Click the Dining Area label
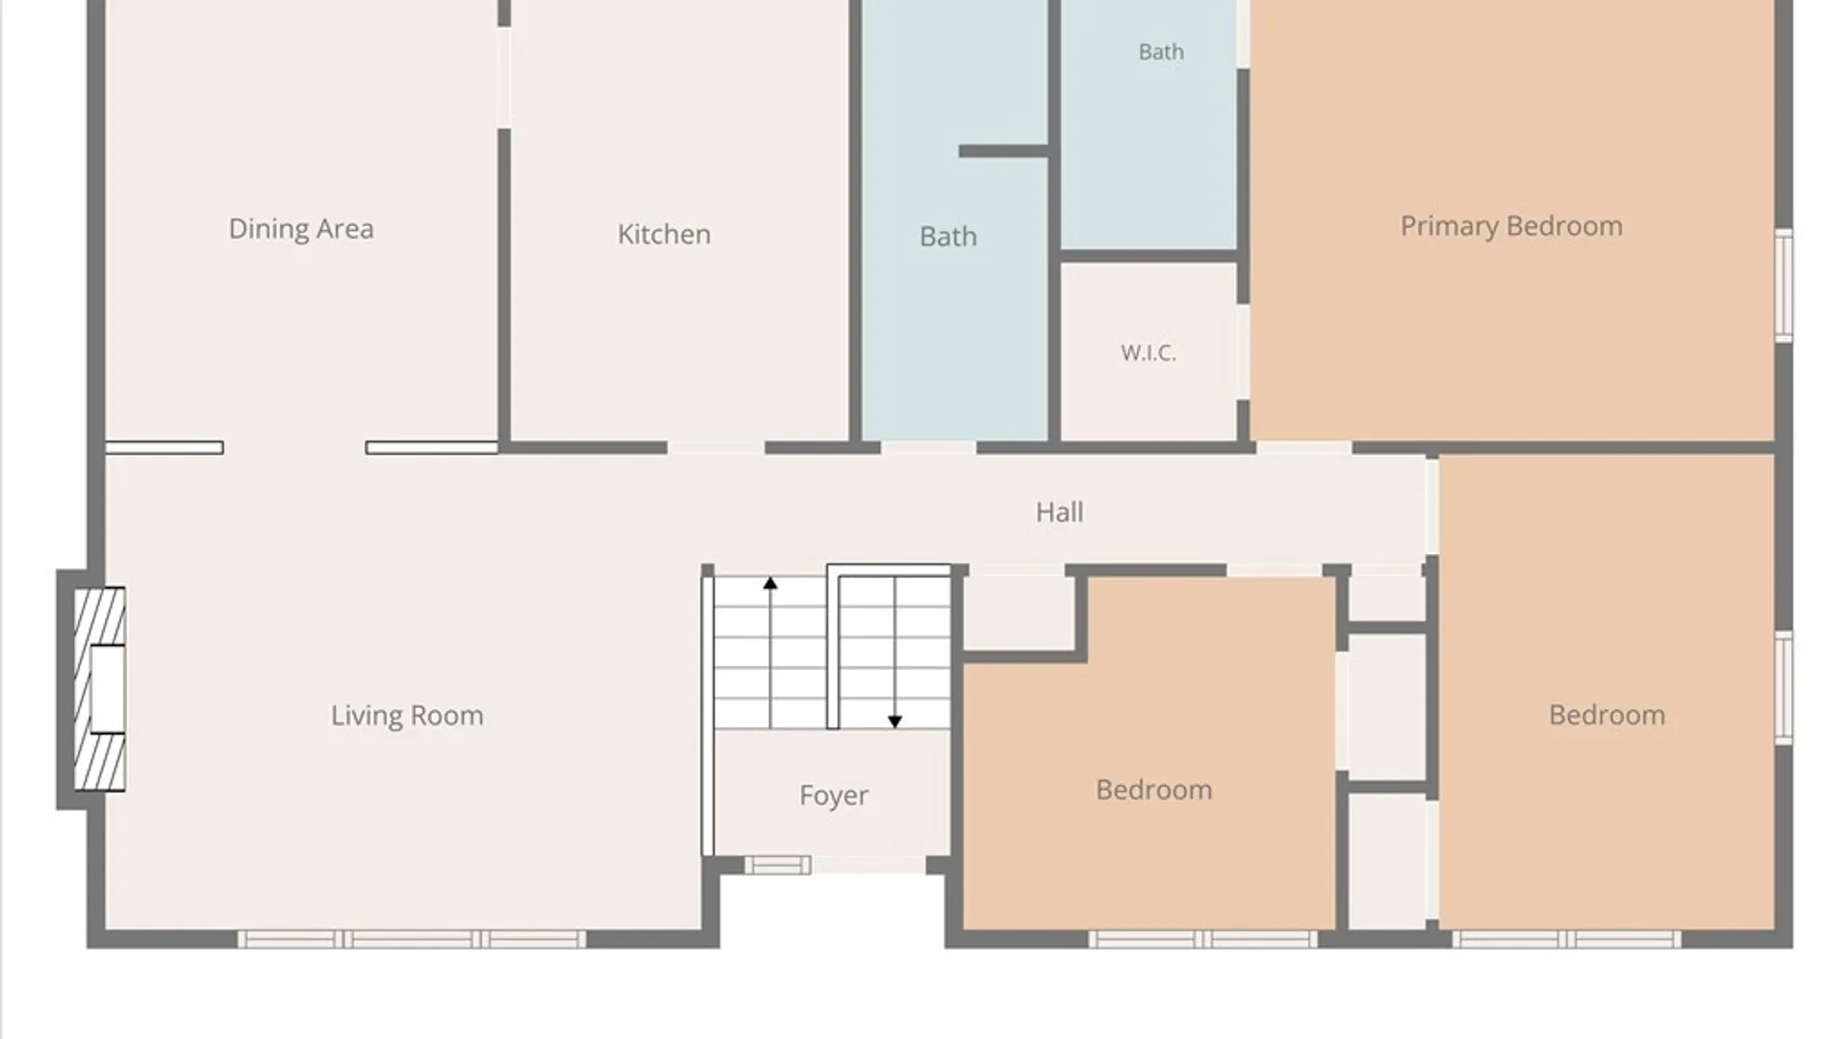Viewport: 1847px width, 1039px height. coord(301,229)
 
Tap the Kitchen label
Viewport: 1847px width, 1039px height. coord(664,234)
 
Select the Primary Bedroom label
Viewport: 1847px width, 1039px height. coord(1511,227)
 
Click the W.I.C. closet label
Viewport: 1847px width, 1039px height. coord(1149,353)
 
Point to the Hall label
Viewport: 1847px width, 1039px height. coord(1059,512)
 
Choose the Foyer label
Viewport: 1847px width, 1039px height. coord(834,796)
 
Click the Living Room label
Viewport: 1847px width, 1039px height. coord(407,716)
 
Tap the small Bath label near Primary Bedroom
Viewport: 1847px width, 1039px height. coord(1161,52)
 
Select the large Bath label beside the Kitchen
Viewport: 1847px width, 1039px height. coord(949,237)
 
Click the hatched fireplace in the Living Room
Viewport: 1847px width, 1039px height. coord(100,689)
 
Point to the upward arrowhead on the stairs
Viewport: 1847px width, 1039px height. coord(770,583)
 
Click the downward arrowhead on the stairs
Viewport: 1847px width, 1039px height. coord(895,722)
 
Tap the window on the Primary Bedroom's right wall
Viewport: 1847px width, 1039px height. coord(1784,285)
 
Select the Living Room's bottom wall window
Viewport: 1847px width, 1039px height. coord(412,939)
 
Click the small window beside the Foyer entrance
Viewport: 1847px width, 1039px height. coord(777,865)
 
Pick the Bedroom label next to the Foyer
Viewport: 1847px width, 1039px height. coord(1153,790)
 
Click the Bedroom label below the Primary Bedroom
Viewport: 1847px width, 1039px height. coord(1607,715)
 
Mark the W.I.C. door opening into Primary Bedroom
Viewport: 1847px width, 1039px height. coord(1243,352)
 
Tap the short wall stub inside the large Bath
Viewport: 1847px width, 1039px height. coord(1003,151)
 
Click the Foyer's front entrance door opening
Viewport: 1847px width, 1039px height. coord(869,865)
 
